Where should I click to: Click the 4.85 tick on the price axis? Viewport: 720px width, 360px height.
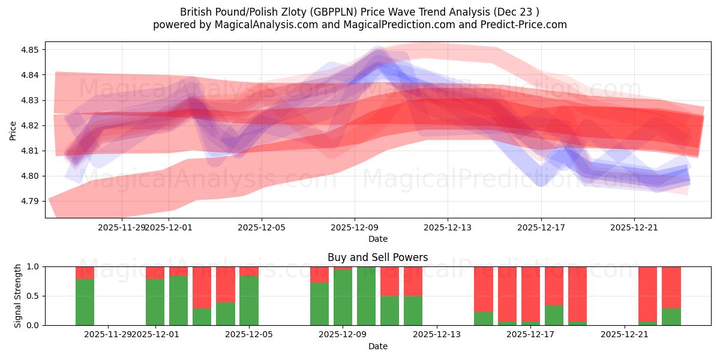pyautogui.click(x=30, y=50)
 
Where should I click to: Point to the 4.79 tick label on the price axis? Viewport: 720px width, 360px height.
pyautogui.click(x=30, y=201)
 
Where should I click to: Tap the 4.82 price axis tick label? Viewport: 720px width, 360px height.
pyautogui.click(x=30, y=125)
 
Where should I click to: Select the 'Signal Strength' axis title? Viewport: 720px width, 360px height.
pyautogui.click(x=18, y=296)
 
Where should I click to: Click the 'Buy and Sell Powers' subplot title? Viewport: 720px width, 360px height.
pyautogui.click(x=377, y=257)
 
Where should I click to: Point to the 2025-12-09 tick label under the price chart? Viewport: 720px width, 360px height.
pyautogui.click(x=355, y=227)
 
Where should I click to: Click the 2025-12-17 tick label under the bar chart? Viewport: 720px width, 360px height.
pyautogui.click(x=530, y=334)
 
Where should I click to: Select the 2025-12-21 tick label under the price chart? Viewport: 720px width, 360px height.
pyautogui.click(x=634, y=227)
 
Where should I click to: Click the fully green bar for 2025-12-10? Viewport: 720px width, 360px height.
pyautogui.click(x=366, y=296)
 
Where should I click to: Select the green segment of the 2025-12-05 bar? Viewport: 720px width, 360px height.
pyautogui.click(x=249, y=301)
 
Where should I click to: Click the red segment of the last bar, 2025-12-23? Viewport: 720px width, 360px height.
pyautogui.click(x=671, y=287)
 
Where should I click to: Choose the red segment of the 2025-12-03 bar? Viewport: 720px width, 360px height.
pyautogui.click(x=202, y=287)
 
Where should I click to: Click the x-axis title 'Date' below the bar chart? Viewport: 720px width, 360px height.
pyautogui.click(x=377, y=346)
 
